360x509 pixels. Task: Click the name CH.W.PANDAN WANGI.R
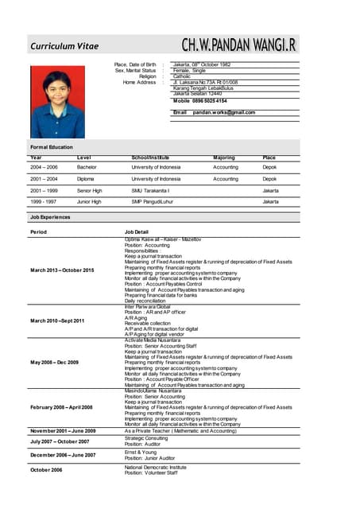point(239,45)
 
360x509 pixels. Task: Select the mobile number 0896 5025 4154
point(211,101)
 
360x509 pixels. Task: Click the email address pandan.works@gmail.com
point(223,112)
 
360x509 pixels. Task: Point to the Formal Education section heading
point(52,147)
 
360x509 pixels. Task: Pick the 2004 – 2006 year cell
point(44,168)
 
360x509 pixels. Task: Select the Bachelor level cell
point(87,168)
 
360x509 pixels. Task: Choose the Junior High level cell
point(89,202)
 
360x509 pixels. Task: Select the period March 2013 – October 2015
point(62,270)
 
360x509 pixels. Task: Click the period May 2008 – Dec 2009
point(54,362)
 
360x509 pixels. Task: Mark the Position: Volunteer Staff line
point(151,472)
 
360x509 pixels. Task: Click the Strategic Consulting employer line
point(146,438)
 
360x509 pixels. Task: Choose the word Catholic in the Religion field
point(184,76)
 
